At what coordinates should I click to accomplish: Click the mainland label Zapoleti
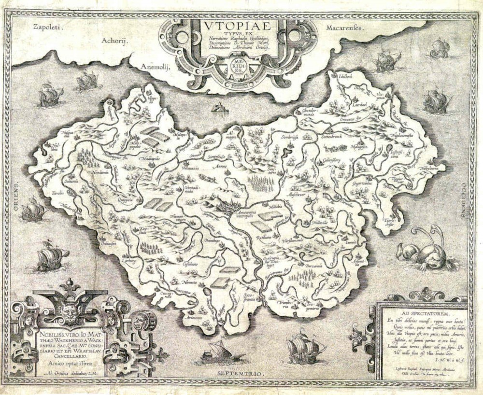point(41,28)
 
